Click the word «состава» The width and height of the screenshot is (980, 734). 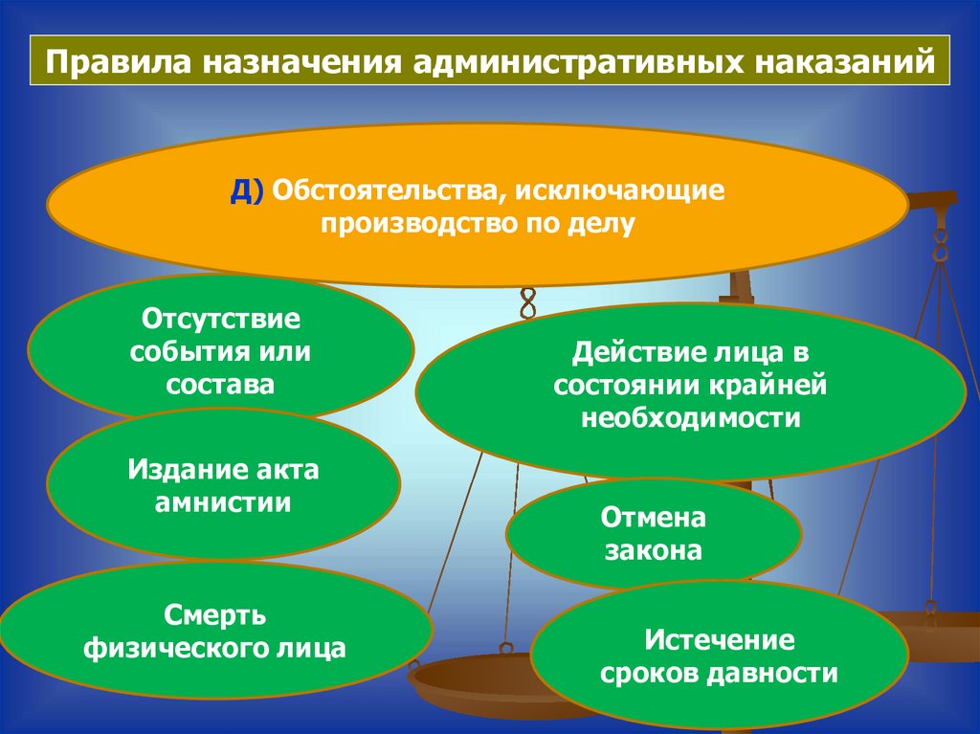click(221, 384)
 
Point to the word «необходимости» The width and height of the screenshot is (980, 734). click(690, 418)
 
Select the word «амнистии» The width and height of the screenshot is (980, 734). click(223, 502)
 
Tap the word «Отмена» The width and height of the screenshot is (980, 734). click(654, 518)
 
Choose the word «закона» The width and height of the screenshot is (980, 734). click(654, 551)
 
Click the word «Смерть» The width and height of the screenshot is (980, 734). click(214, 613)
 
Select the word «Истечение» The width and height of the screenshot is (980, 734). click(720, 638)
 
